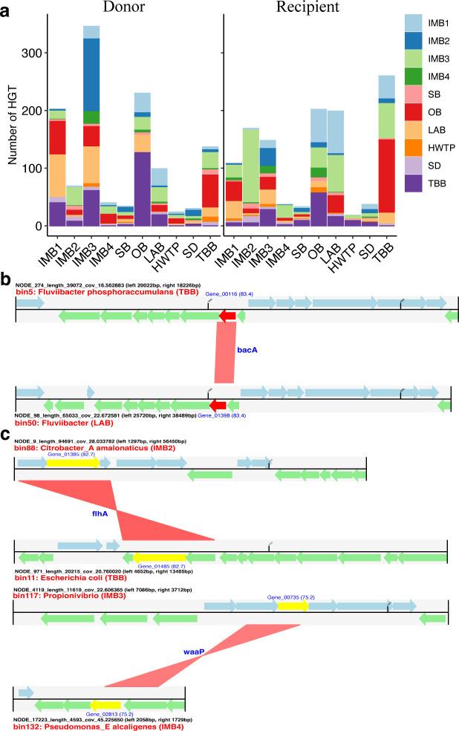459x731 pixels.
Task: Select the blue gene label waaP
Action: click(194, 652)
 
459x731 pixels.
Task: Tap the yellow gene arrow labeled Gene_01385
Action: click(73, 463)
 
